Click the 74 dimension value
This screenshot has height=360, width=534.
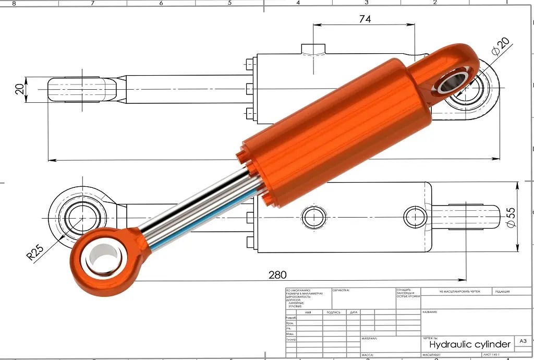coord(365,19)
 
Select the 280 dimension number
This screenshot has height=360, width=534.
coord(277,274)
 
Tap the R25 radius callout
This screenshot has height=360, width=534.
coord(35,251)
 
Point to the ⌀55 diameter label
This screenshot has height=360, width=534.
coord(511,217)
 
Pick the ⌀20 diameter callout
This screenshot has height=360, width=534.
coord(500,49)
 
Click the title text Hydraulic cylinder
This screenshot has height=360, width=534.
coord(469,344)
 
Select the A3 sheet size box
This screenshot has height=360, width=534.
coord(523,341)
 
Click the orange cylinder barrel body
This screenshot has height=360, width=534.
coord(334,130)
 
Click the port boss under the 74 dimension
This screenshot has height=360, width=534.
coord(313,50)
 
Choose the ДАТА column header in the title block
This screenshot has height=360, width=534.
coord(354,312)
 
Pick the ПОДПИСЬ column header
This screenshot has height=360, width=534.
coord(334,312)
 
